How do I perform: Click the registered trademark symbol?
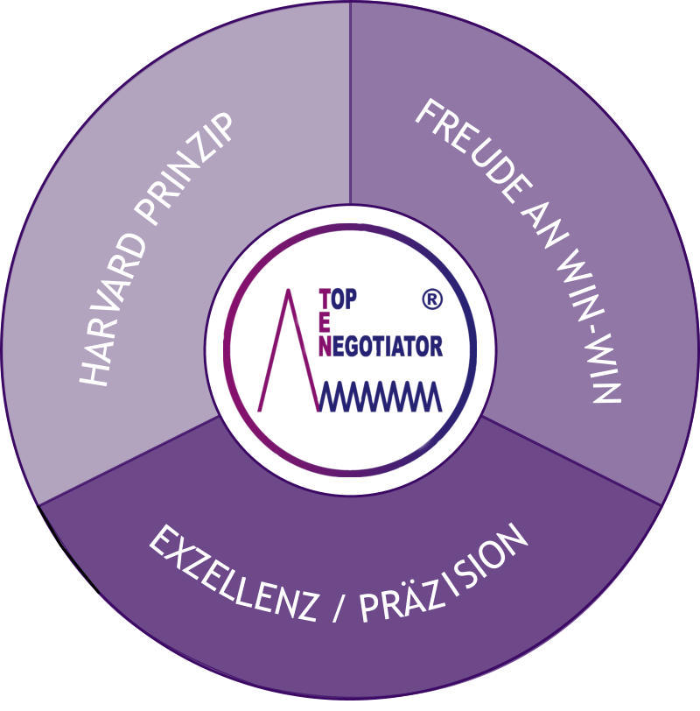point(432,299)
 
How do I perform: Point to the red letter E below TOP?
point(325,323)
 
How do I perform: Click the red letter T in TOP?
point(325,299)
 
